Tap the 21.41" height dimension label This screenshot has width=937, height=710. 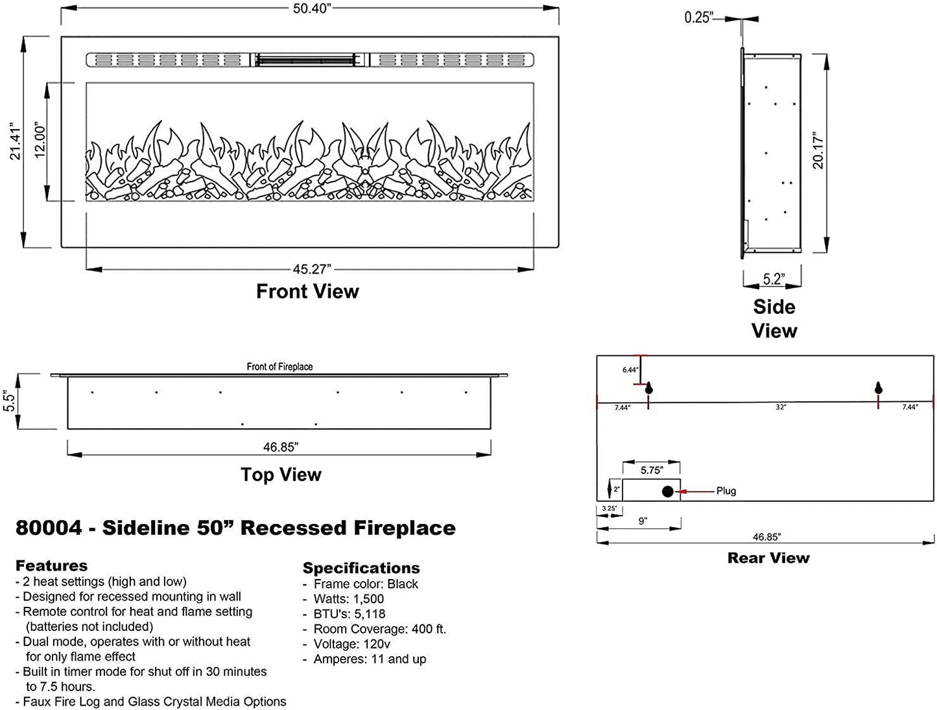16,141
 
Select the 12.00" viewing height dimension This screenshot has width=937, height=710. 40,141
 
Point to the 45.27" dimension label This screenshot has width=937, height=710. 311,269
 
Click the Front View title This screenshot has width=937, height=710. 307,291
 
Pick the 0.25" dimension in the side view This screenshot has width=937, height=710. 698,18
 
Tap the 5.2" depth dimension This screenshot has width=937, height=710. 773,279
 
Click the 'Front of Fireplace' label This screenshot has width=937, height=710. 279,367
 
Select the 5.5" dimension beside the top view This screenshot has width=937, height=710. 10,401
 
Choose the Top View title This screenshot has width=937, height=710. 281,475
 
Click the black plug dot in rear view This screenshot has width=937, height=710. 667,491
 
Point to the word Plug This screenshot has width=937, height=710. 726,491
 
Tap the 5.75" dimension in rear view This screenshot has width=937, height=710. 652,471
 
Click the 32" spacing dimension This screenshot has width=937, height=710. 781,407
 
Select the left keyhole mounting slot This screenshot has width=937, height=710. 648,388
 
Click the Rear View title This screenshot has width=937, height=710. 768,558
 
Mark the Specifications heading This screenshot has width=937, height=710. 361,568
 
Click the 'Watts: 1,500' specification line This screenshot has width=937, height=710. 349,599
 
